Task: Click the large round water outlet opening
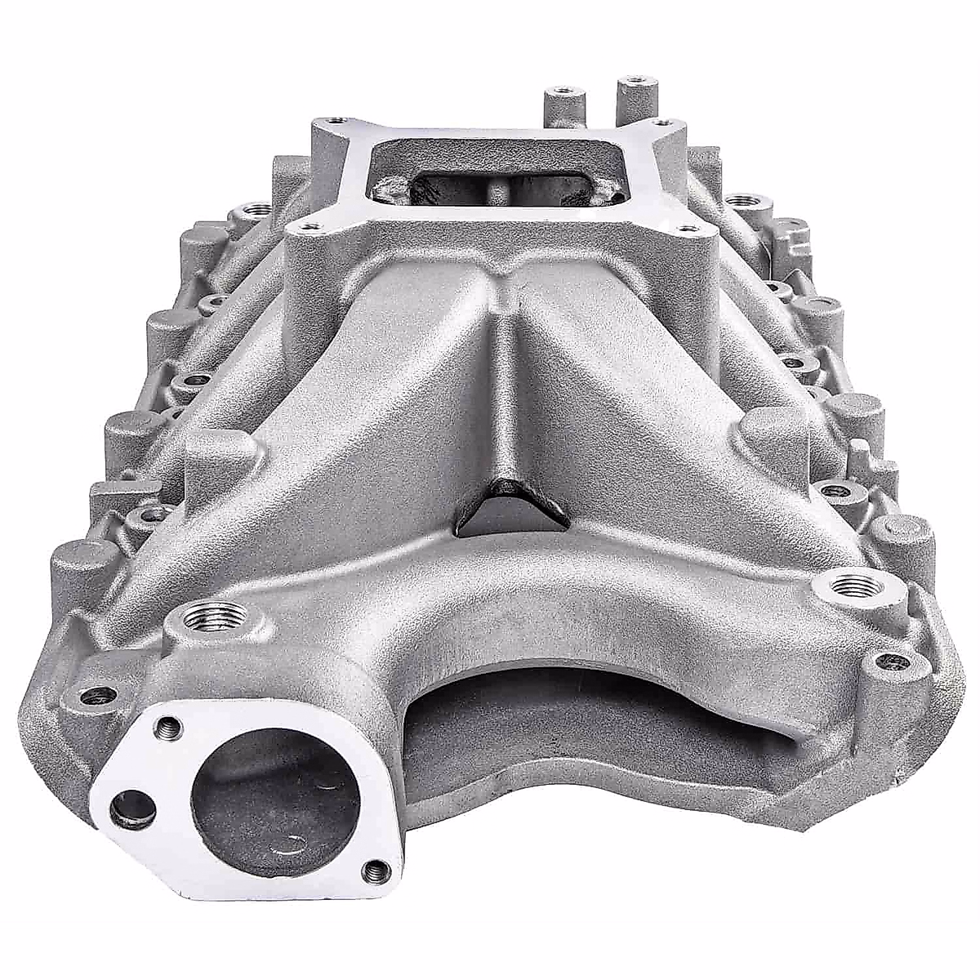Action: tap(274, 804)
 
